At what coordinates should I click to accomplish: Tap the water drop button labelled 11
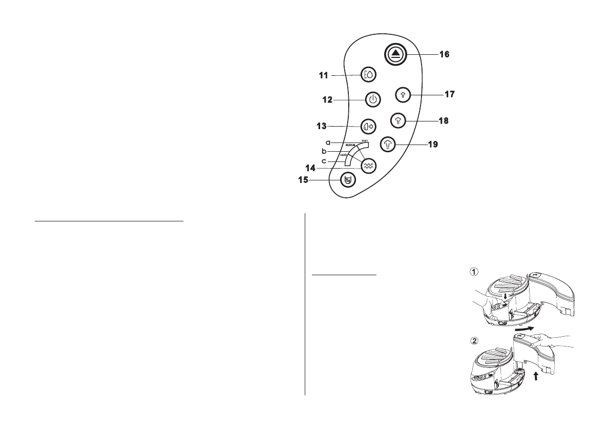click(368, 75)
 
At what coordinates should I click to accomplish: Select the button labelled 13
click(367, 126)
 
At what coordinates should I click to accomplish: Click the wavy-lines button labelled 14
click(368, 165)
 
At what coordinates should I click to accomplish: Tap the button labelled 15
click(349, 180)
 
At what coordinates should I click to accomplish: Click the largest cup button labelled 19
click(389, 145)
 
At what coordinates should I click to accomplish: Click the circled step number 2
click(475, 340)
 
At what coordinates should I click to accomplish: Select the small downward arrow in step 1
click(504, 296)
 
